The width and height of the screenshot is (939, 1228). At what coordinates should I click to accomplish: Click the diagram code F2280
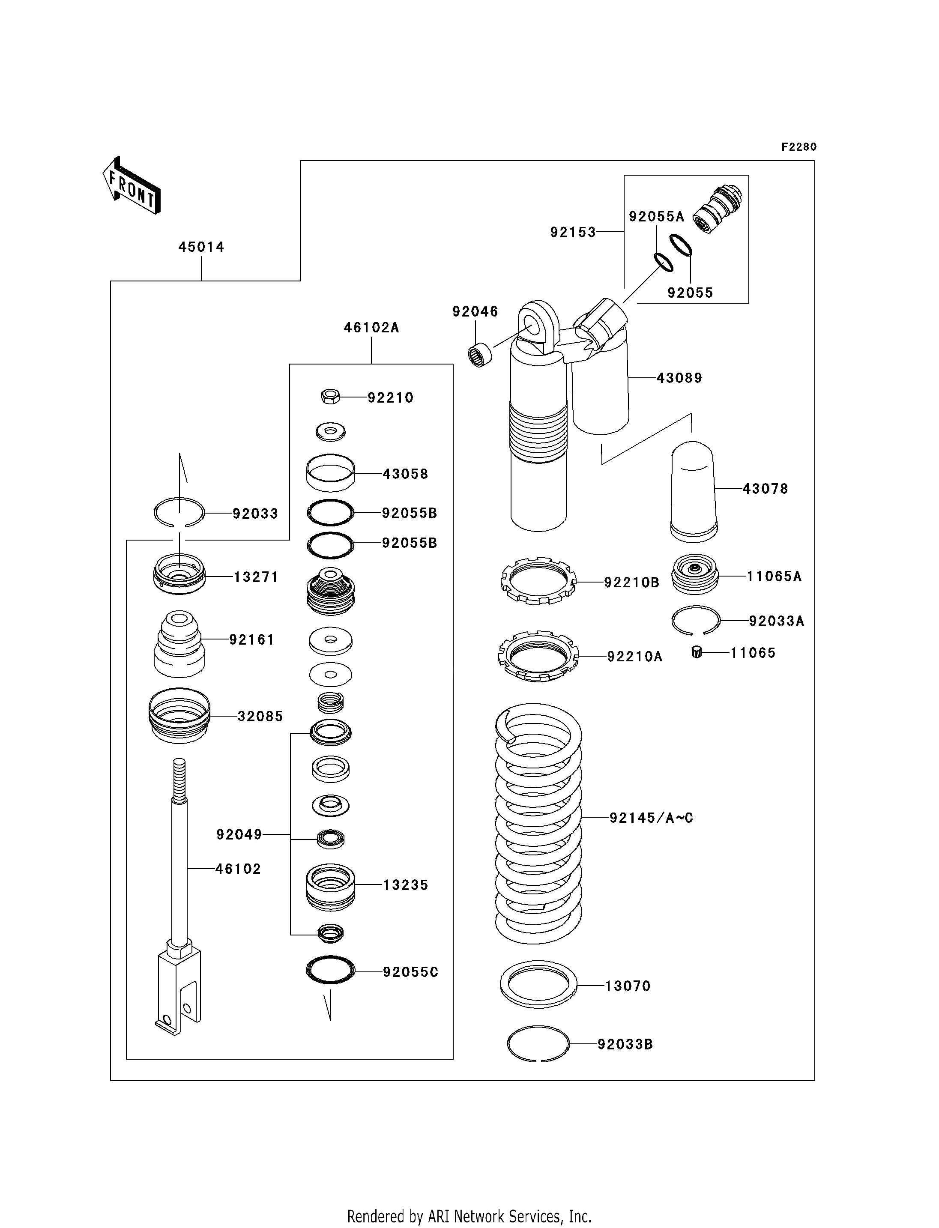[x=799, y=147]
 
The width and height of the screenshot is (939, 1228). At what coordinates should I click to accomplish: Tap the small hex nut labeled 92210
[x=330, y=397]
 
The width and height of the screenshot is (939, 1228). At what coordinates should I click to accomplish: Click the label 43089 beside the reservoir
[x=679, y=378]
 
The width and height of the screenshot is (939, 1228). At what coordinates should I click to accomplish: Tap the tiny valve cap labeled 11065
[x=697, y=652]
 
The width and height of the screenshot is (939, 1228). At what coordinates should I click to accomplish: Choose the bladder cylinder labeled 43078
[x=694, y=492]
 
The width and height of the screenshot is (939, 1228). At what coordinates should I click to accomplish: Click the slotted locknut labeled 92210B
[x=538, y=581]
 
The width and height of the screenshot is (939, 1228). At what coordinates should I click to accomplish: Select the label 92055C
[x=410, y=972]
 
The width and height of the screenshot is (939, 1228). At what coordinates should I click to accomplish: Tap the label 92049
[x=239, y=834]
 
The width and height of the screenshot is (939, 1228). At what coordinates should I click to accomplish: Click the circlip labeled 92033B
[x=538, y=1043]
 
